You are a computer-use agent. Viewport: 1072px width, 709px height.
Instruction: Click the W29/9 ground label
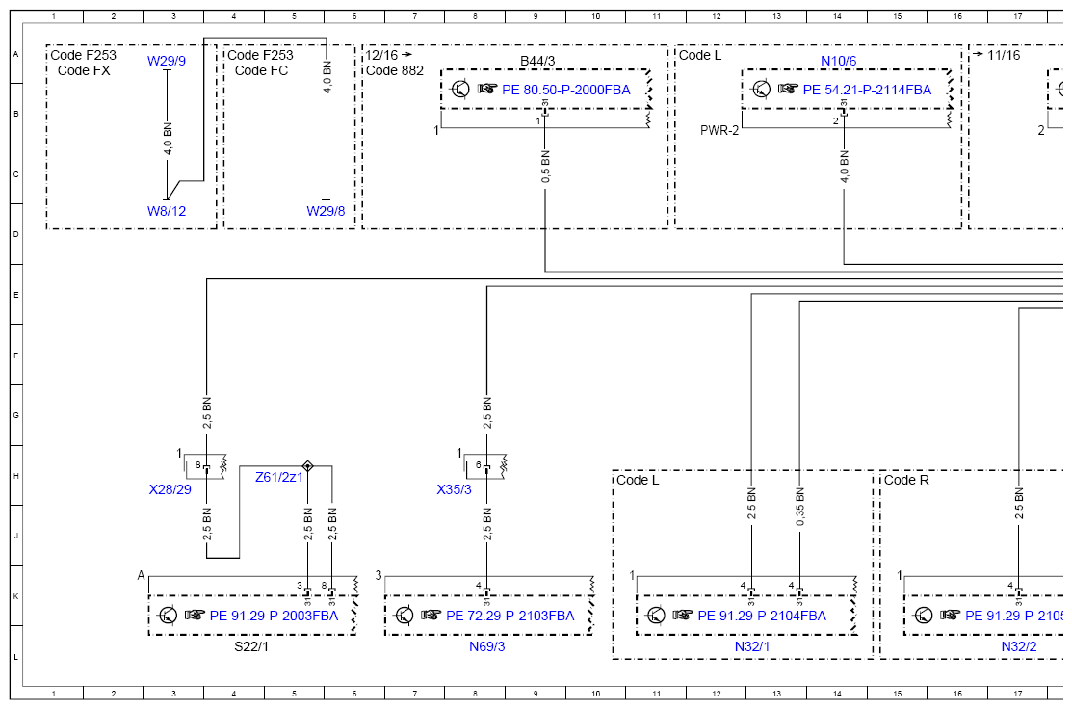[x=166, y=61]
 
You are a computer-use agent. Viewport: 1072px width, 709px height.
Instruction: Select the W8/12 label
[x=166, y=211]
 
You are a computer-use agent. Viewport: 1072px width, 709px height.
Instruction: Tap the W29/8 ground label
[x=326, y=211]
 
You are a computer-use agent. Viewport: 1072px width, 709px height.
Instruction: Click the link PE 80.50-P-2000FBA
[x=566, y=90]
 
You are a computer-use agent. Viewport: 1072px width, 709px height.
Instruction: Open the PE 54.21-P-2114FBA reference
[x=867, y=90]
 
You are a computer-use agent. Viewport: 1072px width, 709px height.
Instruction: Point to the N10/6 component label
[x=838, y=61]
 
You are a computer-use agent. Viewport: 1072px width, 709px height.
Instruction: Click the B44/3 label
[x=537, y=61]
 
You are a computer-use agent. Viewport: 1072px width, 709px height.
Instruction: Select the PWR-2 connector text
[x=719, y=130]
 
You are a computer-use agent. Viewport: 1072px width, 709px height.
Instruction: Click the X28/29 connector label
[x=170, y=489]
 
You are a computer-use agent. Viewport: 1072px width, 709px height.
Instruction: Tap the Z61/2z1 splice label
[x=279, y=477]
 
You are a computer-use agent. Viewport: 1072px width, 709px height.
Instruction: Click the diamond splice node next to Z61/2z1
[x=307, y=466]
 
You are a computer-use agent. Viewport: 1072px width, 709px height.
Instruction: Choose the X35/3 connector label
[x=454, y=489]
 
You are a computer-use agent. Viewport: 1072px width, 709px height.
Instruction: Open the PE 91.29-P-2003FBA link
[x=274, y=616]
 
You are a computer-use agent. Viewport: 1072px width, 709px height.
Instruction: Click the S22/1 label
[x=251, y=646]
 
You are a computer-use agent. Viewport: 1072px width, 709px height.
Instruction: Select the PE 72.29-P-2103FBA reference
[x=510, y=616]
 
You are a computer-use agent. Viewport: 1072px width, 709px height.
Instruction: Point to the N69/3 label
[x=486, y=646]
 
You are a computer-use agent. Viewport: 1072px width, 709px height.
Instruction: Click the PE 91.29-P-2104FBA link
[x=762, y=616]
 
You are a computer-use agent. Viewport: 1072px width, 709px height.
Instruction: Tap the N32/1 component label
[x=752, y=646]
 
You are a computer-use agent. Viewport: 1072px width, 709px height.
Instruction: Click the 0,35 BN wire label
[x=799, y=508]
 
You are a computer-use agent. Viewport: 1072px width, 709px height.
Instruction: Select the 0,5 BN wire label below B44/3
[x=545, y=167]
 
